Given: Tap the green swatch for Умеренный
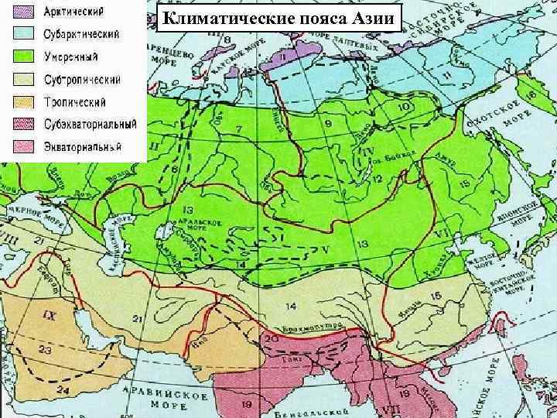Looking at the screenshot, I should pos(23,57).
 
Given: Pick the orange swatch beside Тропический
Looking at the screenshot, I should pos(23,101).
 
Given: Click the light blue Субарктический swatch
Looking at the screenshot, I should pos(23,34).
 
